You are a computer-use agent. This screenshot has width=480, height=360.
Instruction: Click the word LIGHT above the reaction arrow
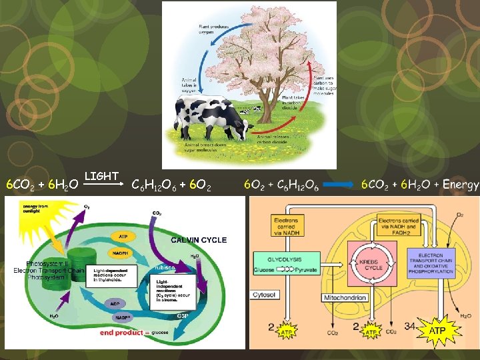point(101,176)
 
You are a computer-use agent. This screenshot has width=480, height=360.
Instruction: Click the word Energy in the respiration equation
point(461,185)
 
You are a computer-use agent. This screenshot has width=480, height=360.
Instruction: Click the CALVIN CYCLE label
point(199,240)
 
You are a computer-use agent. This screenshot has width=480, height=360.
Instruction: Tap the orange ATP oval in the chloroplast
point(123,236)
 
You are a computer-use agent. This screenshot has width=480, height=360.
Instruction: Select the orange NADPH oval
point(120,253)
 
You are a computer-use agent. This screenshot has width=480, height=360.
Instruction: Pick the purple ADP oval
point(115,303)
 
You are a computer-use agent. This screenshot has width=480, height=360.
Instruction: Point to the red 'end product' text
point(121,333)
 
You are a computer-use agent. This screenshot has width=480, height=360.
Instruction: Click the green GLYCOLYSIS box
point(285,259)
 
